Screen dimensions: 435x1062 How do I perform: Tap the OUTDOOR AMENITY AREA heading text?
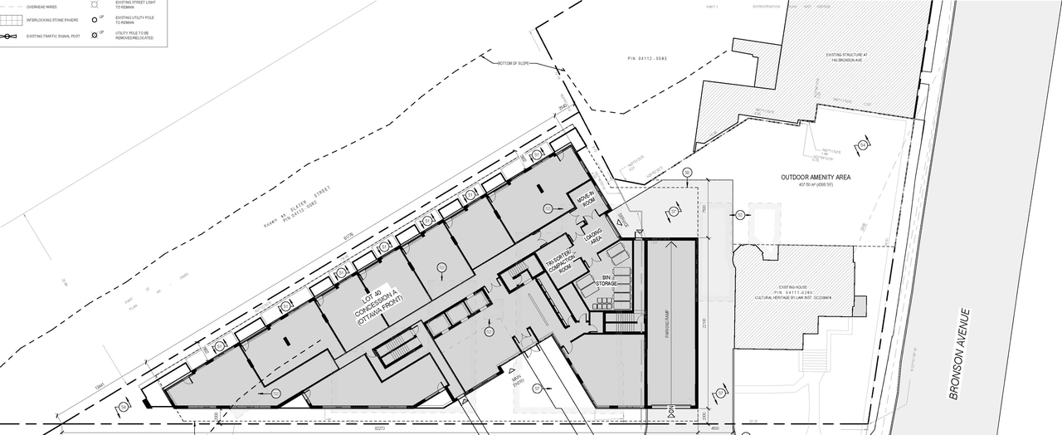click(x=816, y=178)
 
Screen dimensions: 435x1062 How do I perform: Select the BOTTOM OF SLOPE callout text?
click(x=518, y=64)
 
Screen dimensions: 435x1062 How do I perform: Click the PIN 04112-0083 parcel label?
click(x=648, y=58)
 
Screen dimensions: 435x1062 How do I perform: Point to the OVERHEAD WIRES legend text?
click(x=42, y=7)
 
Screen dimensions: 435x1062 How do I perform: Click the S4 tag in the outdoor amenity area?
click(x=863, y=146)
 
